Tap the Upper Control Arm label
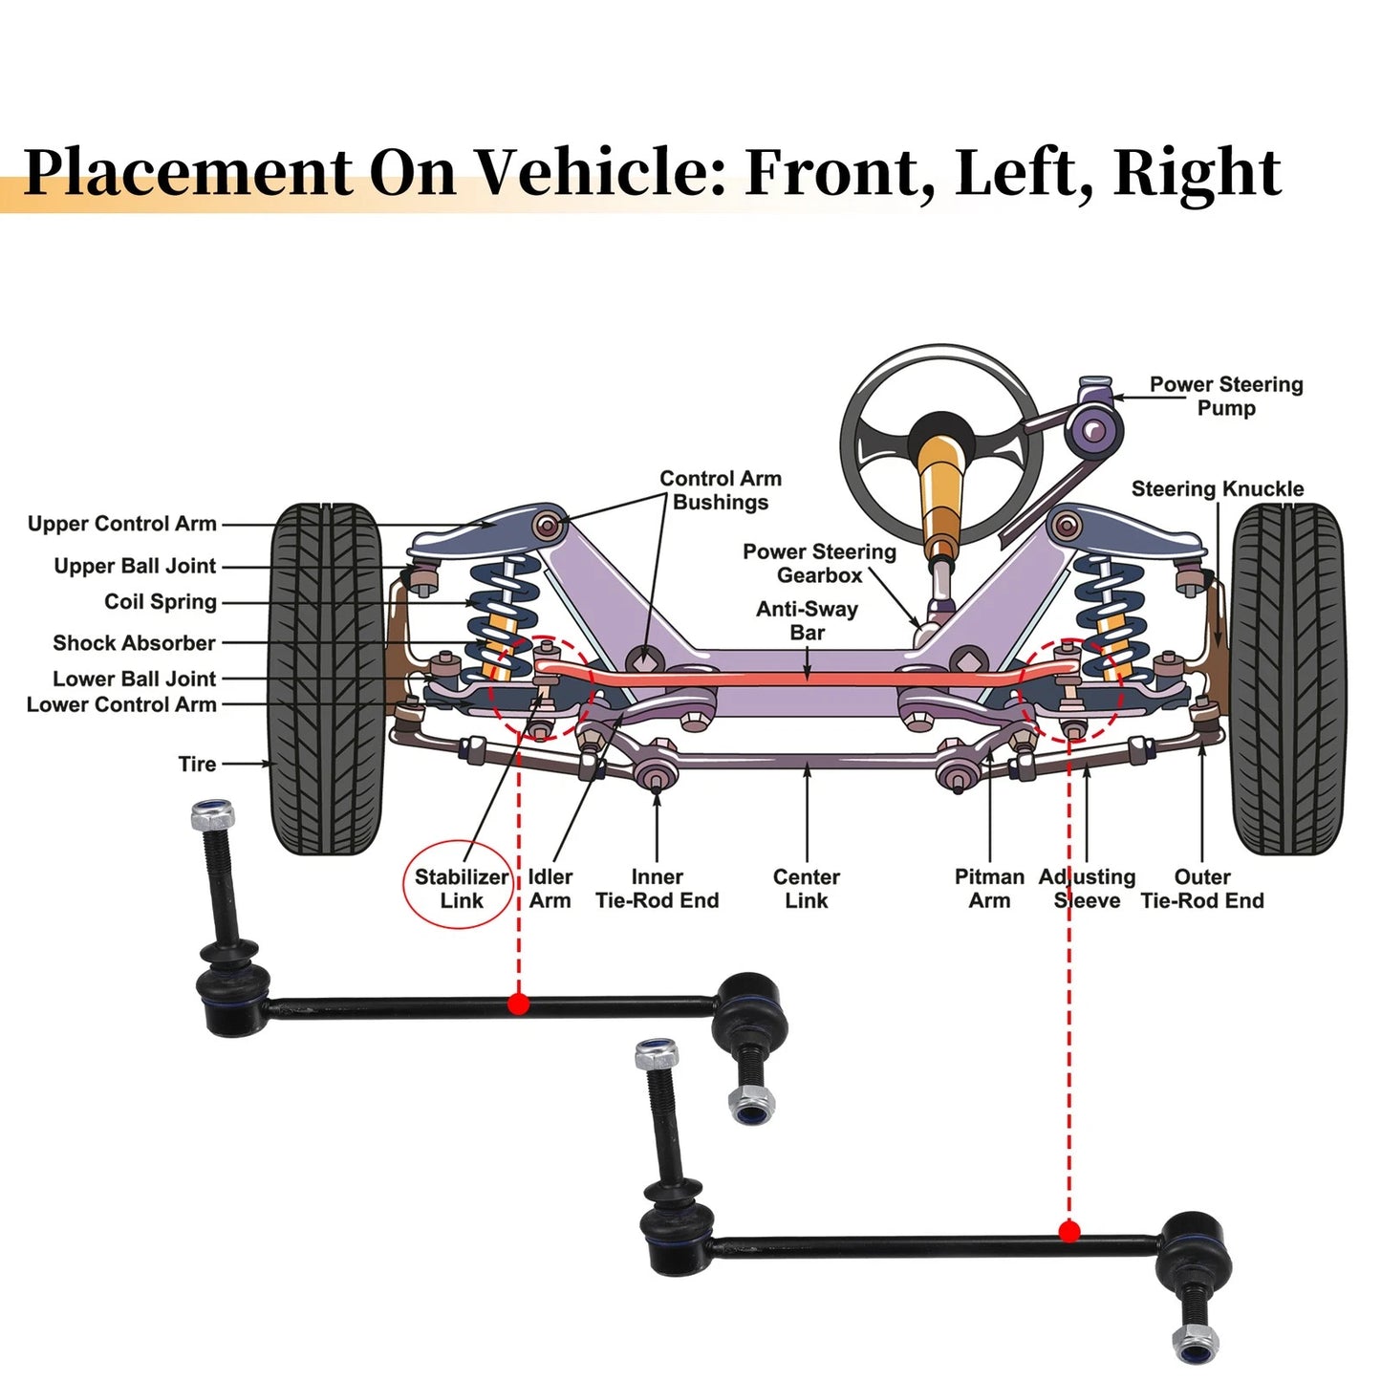[121, 524]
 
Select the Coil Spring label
[161, 601]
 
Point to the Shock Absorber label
[134, 643]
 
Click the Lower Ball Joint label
[134, 679]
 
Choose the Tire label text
[197, 764]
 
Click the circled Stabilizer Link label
[462, 889]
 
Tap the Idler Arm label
[550, 889]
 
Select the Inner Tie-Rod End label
[658, 889]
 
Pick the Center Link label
[807, 889]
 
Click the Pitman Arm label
[989, 889]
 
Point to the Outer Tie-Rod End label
[1202, 889]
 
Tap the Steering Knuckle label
[1218, 488]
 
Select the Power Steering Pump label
[1226, 397]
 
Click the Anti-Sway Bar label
[807, 620]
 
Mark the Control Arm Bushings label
[721, 490]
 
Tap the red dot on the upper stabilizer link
[519, 1004]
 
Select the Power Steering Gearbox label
[819, 563]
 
